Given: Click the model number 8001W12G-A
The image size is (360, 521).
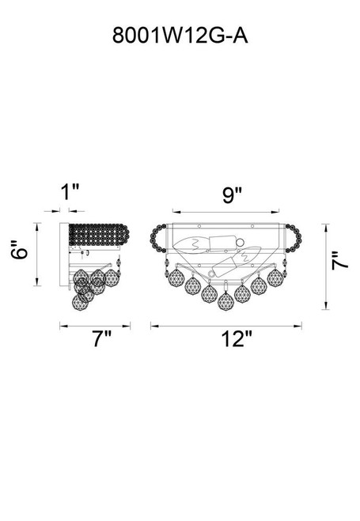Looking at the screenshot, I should (x=180, y=36).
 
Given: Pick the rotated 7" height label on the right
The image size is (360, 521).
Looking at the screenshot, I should (x=339, y=261).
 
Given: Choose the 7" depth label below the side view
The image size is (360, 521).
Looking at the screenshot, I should (x=100, y=341).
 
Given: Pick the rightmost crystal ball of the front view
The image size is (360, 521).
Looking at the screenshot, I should (x=276, y=276).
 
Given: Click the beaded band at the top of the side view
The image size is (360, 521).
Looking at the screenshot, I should (x=99, y=235).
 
